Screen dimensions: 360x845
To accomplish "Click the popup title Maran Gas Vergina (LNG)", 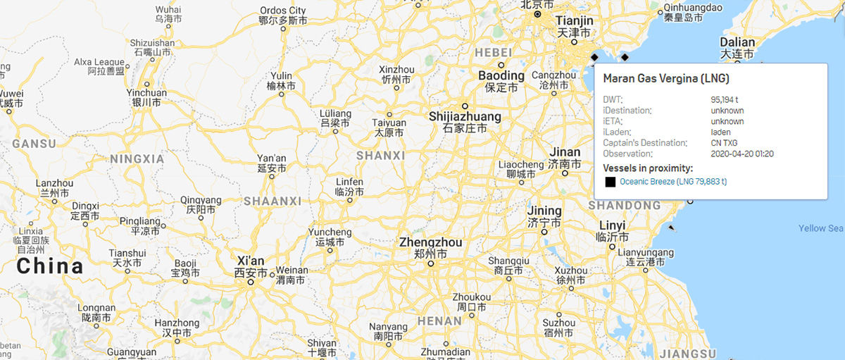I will (665, 78).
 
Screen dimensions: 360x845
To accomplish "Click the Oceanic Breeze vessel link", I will (672, 182).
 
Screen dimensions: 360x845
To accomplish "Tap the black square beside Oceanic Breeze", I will (610, 182).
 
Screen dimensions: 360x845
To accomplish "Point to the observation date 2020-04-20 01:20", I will (742, 154).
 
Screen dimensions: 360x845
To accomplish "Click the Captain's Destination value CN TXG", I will (724, 143).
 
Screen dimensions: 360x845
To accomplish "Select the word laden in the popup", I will (720, 132).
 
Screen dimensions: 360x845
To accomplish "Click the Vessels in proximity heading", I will (648, 168).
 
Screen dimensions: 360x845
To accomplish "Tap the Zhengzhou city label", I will (430, 242).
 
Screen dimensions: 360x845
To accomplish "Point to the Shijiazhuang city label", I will (465, 116).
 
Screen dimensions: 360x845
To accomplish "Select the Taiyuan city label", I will (389, 123).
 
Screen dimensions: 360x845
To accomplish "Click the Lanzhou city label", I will (54, 183).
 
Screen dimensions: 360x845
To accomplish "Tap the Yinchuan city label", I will (146, 93).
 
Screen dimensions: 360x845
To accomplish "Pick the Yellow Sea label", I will (820, 228).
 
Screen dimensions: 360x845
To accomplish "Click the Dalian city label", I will (737, 42).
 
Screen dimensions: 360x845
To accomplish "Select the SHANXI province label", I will (380, 155).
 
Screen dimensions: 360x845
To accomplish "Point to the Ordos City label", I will (282, 11).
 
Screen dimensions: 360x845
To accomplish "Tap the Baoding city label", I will (501, 75).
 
